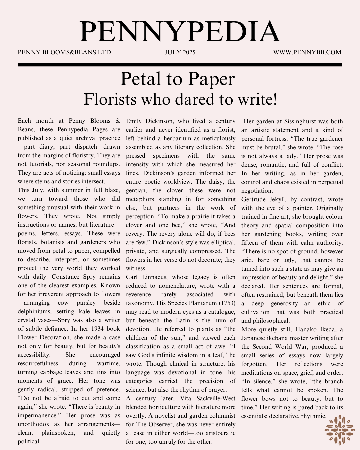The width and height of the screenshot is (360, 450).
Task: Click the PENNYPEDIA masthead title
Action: [x=180, y=32]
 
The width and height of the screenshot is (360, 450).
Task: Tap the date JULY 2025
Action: [x=180, y=52]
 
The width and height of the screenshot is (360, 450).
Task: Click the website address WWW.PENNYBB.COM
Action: [x=307, y=52]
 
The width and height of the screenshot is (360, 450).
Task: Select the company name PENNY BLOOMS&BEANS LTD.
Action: [x=65, y=52]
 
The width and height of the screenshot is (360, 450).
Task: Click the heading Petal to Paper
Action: [x=177, y=79]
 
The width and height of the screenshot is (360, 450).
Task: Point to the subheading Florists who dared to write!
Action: [x=180, y=99]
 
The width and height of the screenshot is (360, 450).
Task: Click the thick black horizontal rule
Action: [x=180, y=64]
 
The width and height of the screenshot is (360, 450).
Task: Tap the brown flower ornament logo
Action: [x=339, y=430]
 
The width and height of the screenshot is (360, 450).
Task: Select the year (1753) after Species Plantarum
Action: [x=227, y=303]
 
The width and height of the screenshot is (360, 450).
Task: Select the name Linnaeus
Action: [x=157, y=277]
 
